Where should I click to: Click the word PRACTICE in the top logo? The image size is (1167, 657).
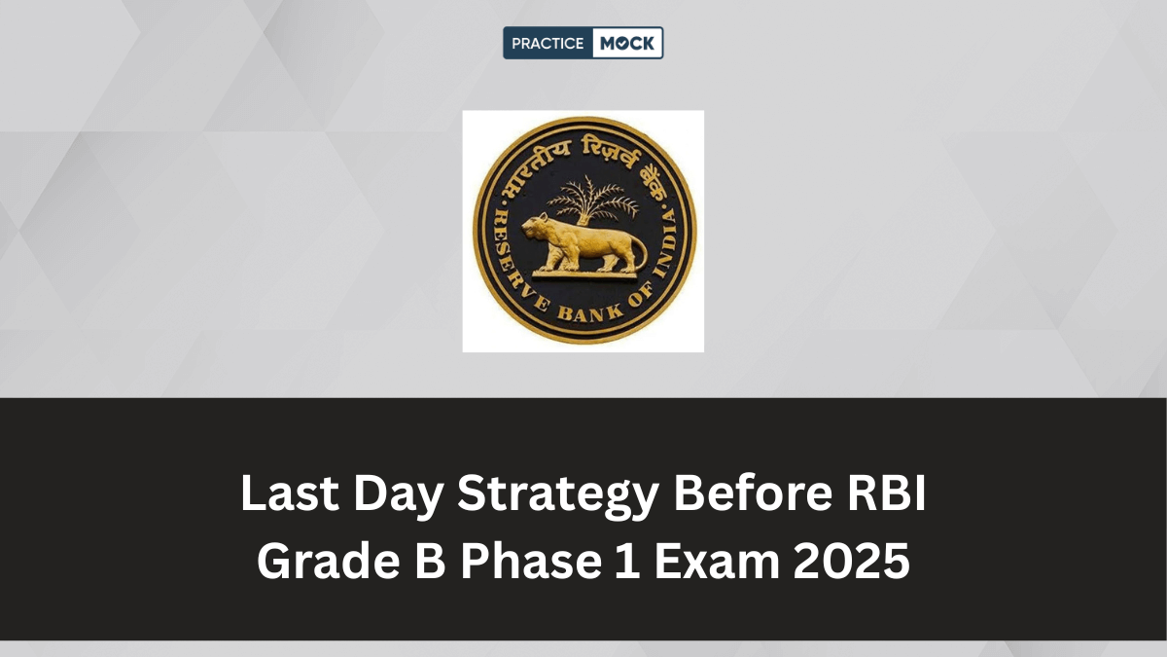pos(548,43)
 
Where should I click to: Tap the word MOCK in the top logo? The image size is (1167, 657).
pos(628,43)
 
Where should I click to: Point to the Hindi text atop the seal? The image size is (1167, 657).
pos(584,146)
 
